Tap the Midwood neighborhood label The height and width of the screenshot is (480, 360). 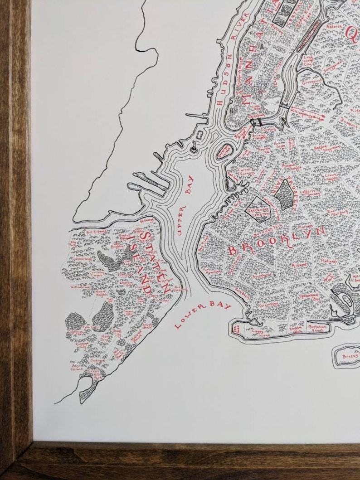[299, 265]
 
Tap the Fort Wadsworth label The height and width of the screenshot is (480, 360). [166, 288]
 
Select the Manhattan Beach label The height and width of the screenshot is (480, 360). [318, 327]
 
